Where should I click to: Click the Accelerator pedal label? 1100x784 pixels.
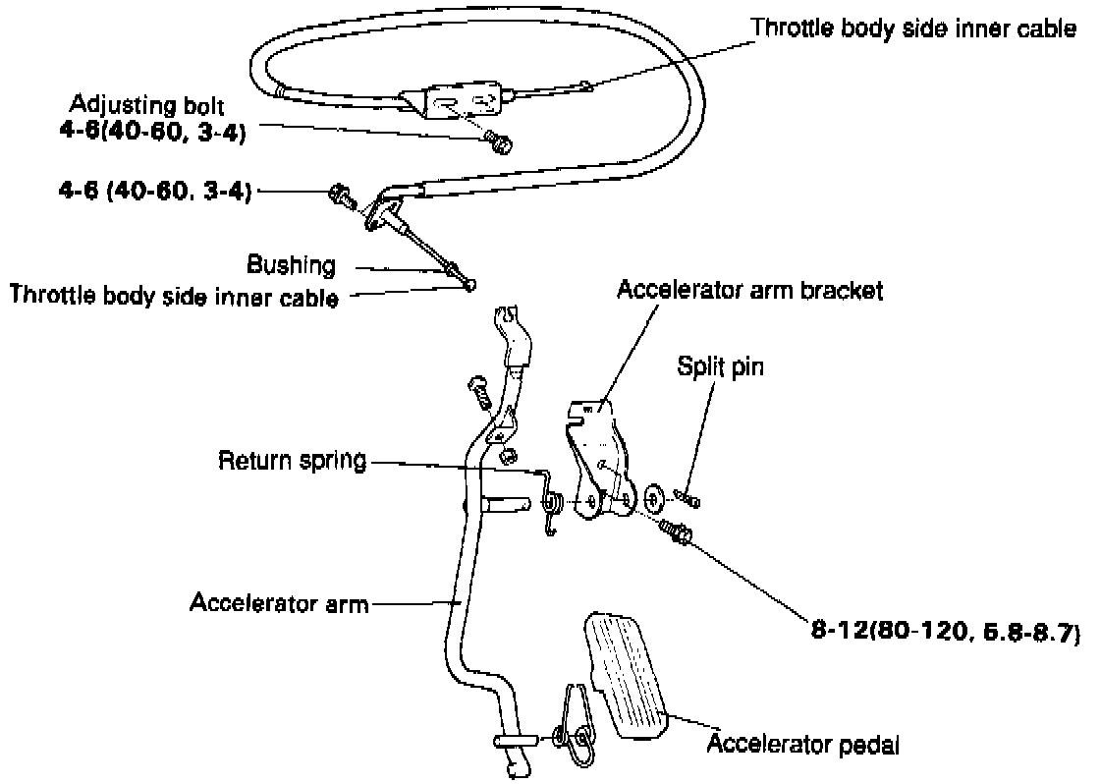point(802,744)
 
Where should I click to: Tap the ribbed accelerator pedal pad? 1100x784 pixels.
point(629,674)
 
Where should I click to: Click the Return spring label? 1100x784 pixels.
point(292,460)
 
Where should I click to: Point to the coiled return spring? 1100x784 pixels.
point(553,504)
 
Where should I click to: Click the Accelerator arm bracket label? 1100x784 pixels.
point(751,290)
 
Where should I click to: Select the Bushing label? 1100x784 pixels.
point(291,264)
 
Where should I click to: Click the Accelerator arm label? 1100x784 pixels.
point(279,602)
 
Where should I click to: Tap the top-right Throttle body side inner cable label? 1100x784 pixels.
point(913,28)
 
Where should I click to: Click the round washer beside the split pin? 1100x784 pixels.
point(654,494)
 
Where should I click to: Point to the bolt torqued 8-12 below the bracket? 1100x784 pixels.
point(678,533)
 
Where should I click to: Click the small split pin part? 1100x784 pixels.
point(691,501)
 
